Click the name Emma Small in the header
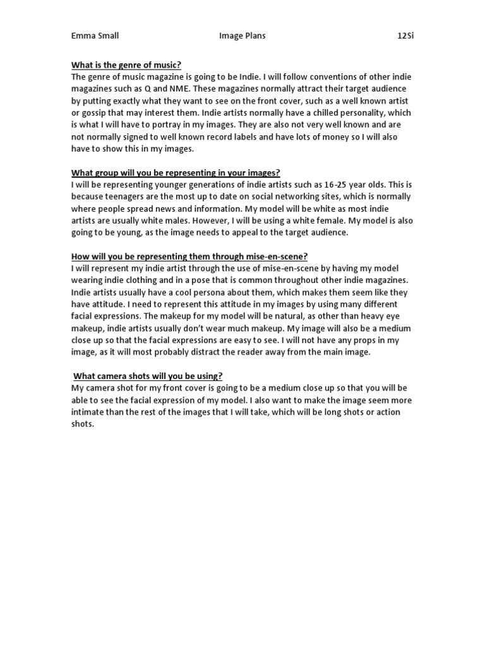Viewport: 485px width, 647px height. (95, 36)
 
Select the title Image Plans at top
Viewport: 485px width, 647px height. (242, 36)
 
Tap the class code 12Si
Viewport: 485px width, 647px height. (405, 36)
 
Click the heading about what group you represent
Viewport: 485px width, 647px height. (176, 173)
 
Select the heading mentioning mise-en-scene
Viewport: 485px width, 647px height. (189, 257)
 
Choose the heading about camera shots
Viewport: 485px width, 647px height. (148, 377)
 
